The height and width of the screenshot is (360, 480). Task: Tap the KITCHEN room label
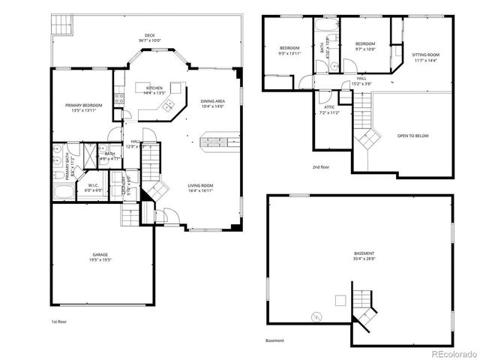click(154, 88)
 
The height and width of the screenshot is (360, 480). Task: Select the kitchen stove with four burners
click(118, 97)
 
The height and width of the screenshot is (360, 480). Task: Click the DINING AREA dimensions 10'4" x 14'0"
click(213, 106)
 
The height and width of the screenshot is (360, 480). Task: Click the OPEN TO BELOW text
click(413, 136)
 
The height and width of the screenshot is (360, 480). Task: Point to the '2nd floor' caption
click(320, 166)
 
